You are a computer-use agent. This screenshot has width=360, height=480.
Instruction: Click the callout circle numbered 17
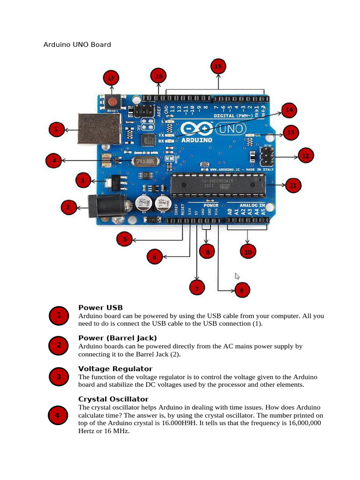[111, 78]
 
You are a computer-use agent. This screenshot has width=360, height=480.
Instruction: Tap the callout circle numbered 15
[218, 67]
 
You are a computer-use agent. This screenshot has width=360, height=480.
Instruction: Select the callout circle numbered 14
[289, 110]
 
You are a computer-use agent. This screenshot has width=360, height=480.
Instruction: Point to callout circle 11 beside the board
[293, 186]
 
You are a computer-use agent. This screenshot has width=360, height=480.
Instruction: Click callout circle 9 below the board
[241, 291]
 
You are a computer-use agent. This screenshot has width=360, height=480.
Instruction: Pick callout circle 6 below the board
[154, 256]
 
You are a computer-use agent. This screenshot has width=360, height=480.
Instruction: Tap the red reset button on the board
[112, 101]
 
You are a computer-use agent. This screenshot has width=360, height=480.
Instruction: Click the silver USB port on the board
[99, 127]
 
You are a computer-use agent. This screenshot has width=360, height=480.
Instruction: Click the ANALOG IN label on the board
[252, 205]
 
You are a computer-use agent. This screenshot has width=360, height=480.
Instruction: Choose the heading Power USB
[100, 307]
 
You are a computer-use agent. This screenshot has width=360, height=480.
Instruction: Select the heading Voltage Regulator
[115, 369]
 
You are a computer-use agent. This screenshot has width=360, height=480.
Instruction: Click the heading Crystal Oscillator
[113, 399]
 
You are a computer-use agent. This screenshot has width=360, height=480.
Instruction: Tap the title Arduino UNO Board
[77, 45]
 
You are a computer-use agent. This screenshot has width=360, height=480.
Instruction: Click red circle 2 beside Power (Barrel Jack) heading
[59, 345]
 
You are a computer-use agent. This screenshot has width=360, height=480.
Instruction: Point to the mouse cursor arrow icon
[237, 276]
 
